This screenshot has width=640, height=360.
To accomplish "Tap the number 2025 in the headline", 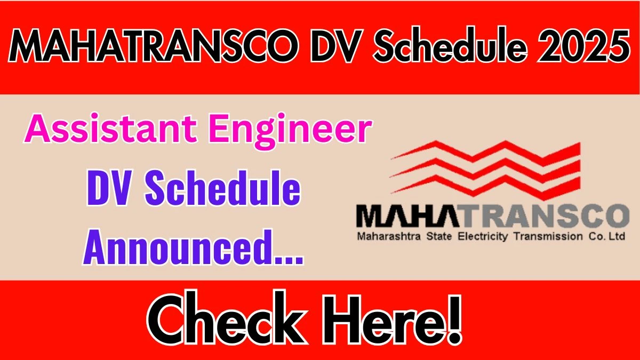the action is pos(585,45).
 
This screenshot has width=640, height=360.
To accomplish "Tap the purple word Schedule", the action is pos(223,188).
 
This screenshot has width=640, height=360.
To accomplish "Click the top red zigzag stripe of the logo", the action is pos(486,154).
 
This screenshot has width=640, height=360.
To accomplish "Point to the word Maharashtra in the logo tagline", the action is pos(389,237).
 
